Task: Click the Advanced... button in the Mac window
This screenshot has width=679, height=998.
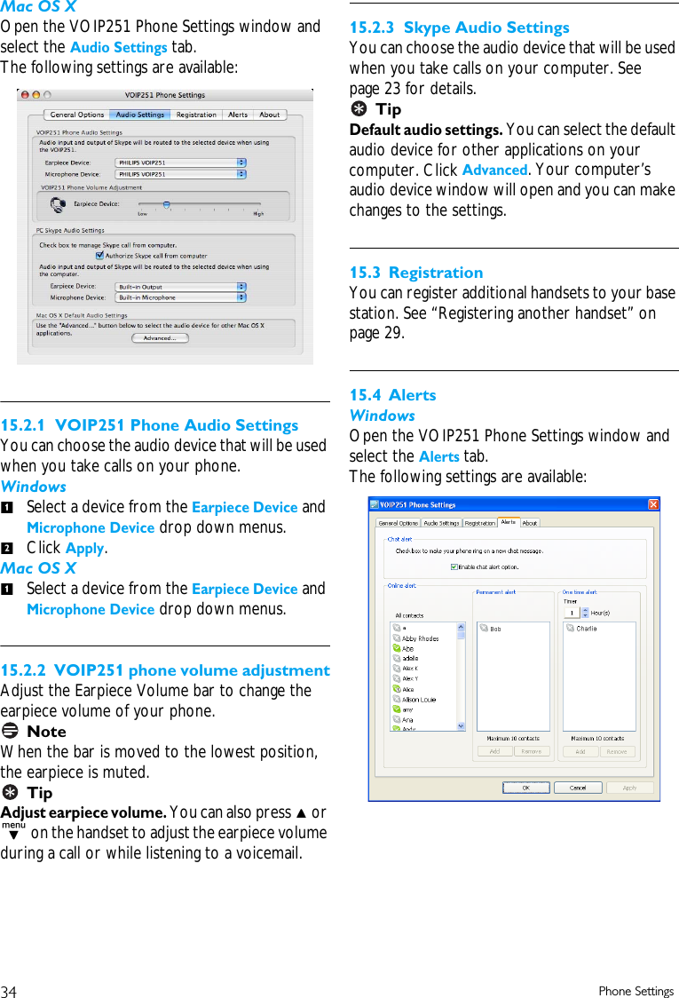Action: coord(160,338)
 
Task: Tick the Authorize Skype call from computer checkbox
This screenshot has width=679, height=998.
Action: coord(99,256)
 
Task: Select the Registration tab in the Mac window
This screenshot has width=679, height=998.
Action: coord(195,115)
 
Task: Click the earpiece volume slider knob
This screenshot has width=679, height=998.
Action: coord(166,204)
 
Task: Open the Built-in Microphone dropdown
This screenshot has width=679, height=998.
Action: coord(180,298)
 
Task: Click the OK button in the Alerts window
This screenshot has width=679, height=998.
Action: coord(525,788)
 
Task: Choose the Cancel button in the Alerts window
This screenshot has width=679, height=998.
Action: coord(577,788)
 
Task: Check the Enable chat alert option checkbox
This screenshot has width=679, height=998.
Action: coord(454,566)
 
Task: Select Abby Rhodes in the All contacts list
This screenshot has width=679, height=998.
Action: coord(420,638)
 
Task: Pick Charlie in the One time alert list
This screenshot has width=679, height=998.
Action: coord(586,629)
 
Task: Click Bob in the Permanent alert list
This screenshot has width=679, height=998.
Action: coord(495,629)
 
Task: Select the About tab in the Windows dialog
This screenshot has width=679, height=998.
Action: coord(530,523)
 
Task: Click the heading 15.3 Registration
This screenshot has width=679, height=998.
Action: coord(416,273)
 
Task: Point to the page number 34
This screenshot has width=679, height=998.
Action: coord(9,991)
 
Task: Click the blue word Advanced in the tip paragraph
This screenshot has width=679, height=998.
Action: coord(494,170)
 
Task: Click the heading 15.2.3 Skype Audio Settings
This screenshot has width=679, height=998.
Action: coord(460,28)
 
